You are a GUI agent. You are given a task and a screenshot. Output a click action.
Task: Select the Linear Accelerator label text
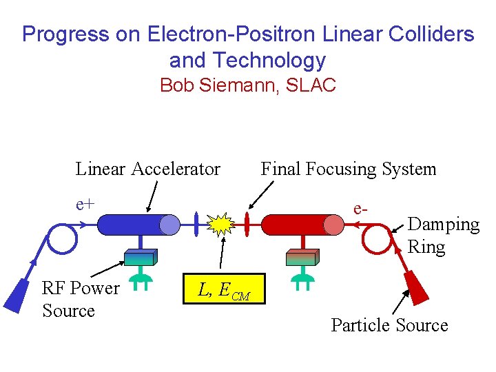click(147, 168)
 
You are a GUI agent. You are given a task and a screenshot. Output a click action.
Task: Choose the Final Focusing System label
click(348, 168)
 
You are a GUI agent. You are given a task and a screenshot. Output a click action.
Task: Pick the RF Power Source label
click(81, 299)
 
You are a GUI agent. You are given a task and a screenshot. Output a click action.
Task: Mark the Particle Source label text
click(389, 325)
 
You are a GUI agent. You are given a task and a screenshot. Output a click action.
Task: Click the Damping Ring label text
click(443, 236)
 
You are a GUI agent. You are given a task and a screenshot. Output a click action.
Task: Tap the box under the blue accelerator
click(139, 257)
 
